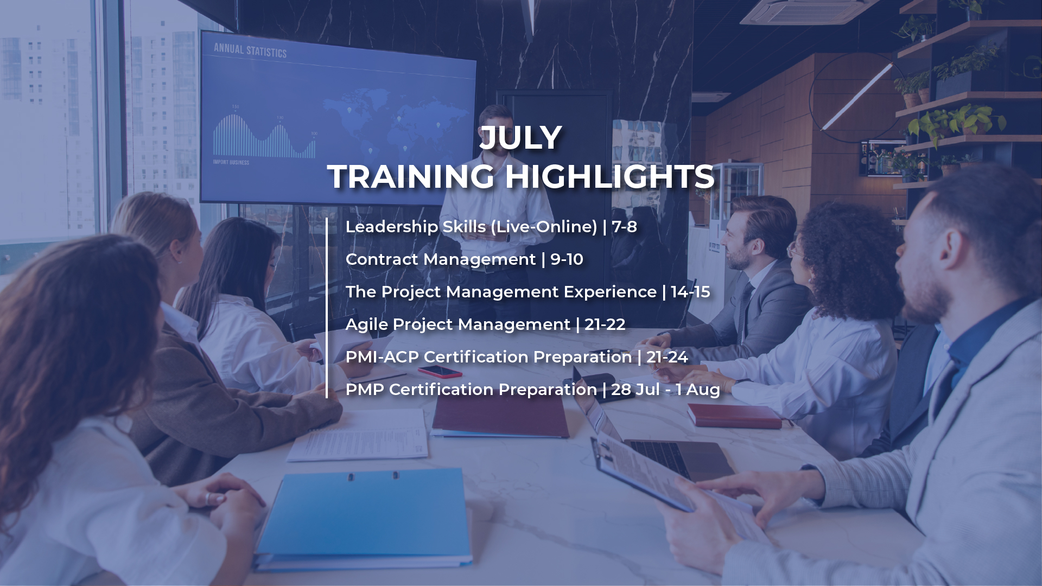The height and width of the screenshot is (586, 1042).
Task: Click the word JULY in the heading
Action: [x=520, y=138]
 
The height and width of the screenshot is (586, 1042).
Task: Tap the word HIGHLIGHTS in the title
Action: [x=609, y=177]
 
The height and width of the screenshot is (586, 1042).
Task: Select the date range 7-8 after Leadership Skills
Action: [x=624, y=227]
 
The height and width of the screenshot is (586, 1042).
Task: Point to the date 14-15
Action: [x=690, y=292]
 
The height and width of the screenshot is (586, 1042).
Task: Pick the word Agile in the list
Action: [x=366, y=325]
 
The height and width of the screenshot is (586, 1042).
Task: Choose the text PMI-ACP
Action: [x=382, y=357]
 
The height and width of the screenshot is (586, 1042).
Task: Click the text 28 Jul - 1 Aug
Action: [x=665, y=390]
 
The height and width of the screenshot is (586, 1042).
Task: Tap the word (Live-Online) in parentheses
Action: [x=544, y=227]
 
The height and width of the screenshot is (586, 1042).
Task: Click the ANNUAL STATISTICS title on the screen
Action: [x=250, y=50]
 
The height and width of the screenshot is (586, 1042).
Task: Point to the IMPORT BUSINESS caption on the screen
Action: [x=231, y=162]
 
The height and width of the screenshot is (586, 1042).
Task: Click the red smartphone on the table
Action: [x=440, y=372]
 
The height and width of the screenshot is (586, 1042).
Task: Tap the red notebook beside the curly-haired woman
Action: [x=734, y=417]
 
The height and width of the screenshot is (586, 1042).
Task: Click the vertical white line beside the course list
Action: [x=327, y=308]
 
